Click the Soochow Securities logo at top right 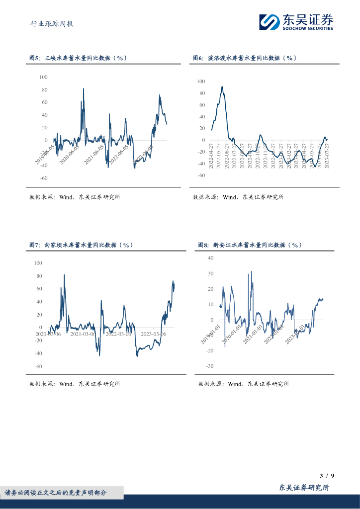(x=295, y=21)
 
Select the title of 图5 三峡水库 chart (x=79, y=58)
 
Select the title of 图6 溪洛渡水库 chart (x=244, y=58)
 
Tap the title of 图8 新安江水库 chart (x=250, y=245)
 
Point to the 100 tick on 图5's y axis (x=43, y=77)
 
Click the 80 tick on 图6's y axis (x=201, y=93)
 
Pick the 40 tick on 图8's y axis (x=210, y=258)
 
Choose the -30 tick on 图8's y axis (x=209, y=366)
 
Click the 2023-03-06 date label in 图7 (x=153, y=334)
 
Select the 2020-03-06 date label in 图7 (x=48, y=334)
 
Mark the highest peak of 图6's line (x=222, y=86)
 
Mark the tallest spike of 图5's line (x=83, y=88)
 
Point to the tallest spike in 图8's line (x=251, y=271)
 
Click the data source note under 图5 (x=75, y=197)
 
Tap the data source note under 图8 (x=243, y=384)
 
